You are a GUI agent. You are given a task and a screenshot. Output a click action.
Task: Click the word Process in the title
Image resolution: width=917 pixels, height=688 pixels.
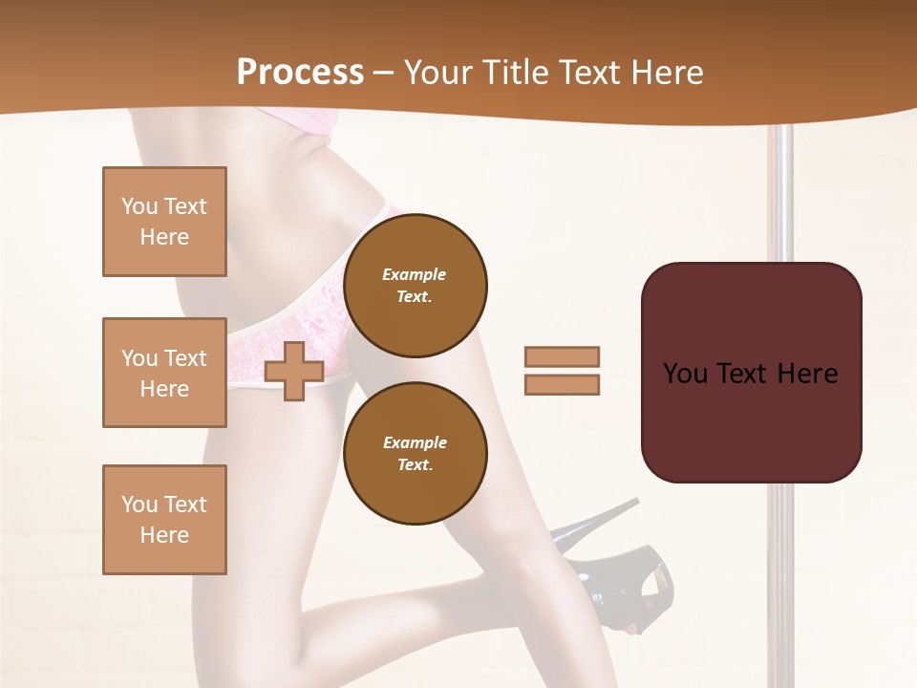300,73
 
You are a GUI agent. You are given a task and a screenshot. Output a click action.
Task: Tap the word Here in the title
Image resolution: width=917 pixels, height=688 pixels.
666,73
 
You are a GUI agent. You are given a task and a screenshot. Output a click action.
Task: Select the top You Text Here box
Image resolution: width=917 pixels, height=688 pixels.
164,222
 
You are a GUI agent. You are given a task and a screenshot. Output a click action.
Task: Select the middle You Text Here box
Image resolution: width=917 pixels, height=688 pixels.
164,373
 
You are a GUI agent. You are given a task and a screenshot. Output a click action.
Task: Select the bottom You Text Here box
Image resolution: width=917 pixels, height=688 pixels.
164,520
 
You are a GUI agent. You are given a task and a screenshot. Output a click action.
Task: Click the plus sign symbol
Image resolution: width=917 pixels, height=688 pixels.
294,371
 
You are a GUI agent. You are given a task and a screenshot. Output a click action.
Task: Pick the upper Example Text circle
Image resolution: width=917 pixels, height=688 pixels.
415,285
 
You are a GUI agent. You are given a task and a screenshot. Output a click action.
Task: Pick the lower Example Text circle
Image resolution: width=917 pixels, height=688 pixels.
415,453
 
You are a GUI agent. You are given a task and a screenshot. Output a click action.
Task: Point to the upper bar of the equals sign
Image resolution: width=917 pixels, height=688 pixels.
562,356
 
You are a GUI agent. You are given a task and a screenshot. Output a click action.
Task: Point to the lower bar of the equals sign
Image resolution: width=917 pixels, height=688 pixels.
562,384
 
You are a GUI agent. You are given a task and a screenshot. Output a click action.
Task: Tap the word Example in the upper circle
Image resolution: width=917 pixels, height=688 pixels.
415,274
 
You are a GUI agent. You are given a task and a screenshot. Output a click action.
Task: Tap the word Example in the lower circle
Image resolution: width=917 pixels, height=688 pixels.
415,442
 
